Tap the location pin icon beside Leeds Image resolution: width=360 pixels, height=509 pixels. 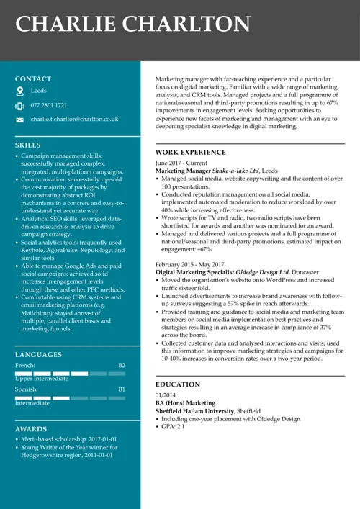(20, 91)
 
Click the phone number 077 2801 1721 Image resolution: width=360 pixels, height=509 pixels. (49, 105)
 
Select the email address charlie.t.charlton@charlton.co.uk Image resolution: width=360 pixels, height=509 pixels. (74, 119)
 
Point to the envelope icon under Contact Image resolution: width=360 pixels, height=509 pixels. (20, 120)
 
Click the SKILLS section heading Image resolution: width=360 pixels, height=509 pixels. (28, 145)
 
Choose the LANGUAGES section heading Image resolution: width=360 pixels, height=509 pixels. (38, 355)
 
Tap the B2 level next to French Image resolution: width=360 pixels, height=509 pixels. (121, 366)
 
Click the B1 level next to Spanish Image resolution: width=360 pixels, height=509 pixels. (121, 389)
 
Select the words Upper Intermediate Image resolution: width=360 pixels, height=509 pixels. (42, 379)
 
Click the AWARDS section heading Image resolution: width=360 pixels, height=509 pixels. (31, 429)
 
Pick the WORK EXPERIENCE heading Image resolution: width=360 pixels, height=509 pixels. (191, 153)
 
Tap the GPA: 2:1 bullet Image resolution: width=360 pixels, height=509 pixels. (173, 427)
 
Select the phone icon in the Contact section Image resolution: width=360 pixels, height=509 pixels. (20, 106)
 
